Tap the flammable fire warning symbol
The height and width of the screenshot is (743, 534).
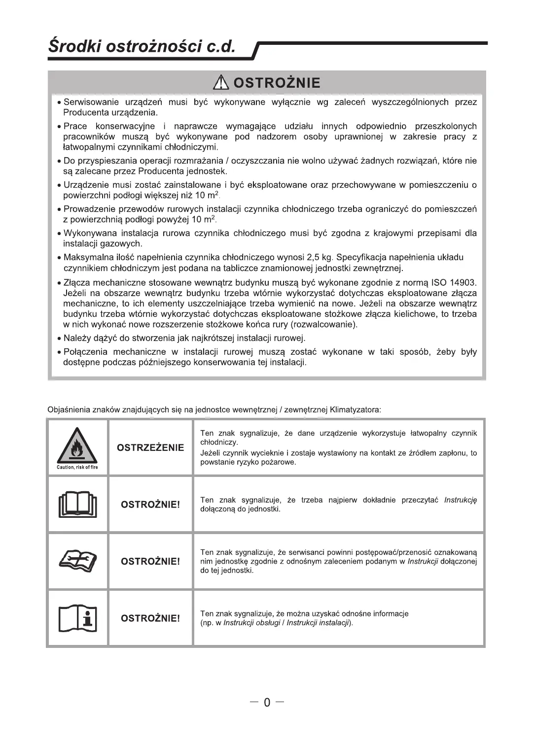click(x=77, y=446)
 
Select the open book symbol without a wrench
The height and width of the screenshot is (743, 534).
click(x=77, y=504)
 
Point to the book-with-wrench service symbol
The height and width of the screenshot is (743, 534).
click(x=77, y=561)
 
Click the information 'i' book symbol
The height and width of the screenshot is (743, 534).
click(x=77, y=618)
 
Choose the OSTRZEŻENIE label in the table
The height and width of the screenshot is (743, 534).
click(x=150, y=447)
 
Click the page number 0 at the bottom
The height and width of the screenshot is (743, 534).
click(x=267, y=702)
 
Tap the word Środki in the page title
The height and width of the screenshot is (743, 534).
click(x=74, y=46)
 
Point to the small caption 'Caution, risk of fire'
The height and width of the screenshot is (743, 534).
click(x=77, y=467)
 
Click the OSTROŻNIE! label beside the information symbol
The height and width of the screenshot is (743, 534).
click(x=150, y=618)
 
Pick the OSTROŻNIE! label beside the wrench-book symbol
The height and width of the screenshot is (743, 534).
click(x=150, y=561)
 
